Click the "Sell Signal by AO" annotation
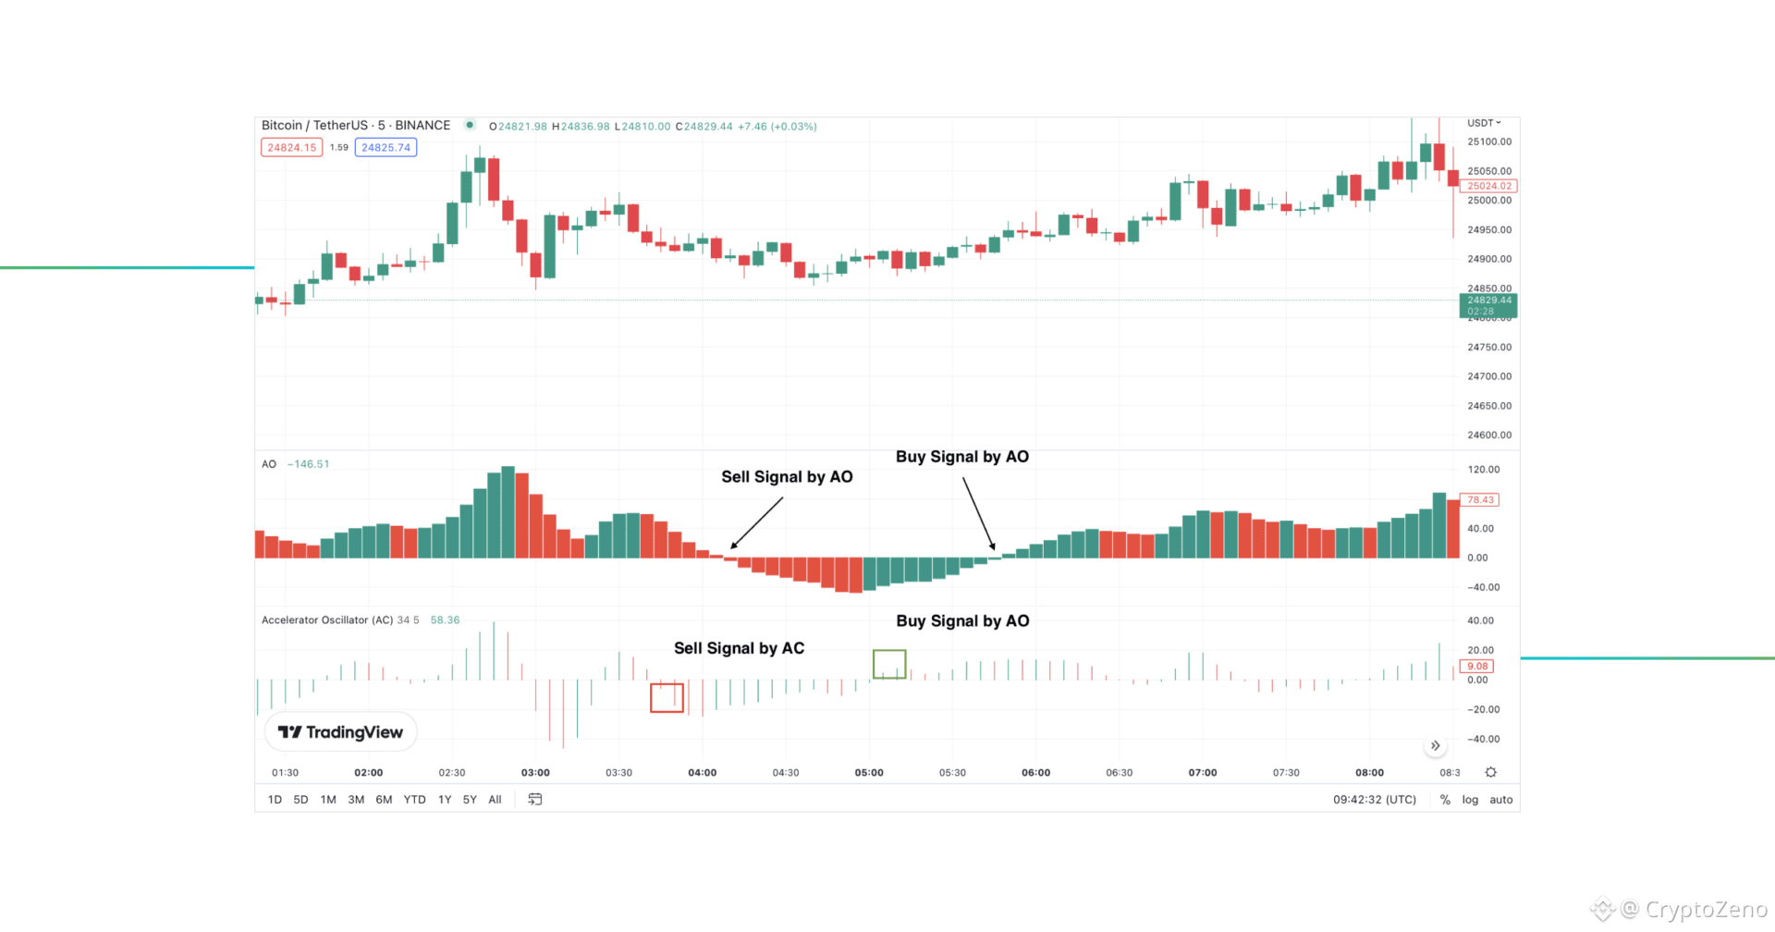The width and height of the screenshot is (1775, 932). (x=787, y=477)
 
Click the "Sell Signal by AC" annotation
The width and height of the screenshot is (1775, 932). (x=739, y=648)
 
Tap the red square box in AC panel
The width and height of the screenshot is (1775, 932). (x=667, y=698)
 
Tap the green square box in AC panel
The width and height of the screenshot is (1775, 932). (x=889, y=664)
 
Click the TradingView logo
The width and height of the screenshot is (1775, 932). (x=341, y=732)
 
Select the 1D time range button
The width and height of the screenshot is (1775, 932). (x=275, y=800)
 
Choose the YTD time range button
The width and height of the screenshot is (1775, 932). (x=414, y=800)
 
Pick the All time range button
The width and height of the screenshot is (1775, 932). (x=495, y=800)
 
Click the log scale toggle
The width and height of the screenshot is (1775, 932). (x=1470, y=800)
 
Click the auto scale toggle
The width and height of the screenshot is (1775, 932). (x=1501, y=800)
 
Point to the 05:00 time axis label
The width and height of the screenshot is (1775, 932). (x=869, y=773)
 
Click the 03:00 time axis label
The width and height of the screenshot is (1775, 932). (x=535, y=773)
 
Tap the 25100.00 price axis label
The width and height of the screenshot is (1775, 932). (x=1489, y=142)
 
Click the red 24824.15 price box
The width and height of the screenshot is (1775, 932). (x=292, y=148)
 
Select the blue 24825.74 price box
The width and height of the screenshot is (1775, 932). (x=386, y=148)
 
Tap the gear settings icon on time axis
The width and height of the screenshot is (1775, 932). (x=1490, y=772)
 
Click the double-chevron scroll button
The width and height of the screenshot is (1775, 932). (x=1435, y=746)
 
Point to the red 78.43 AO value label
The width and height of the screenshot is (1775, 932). (x=1480, y=500)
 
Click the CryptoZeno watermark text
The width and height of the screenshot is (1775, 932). (x=1706, y=910)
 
